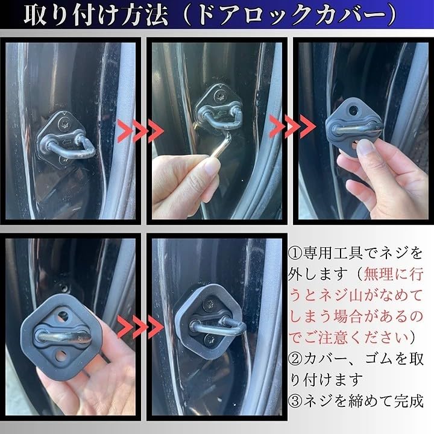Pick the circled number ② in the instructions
[295, 360]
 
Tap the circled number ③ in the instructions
[295, 400]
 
